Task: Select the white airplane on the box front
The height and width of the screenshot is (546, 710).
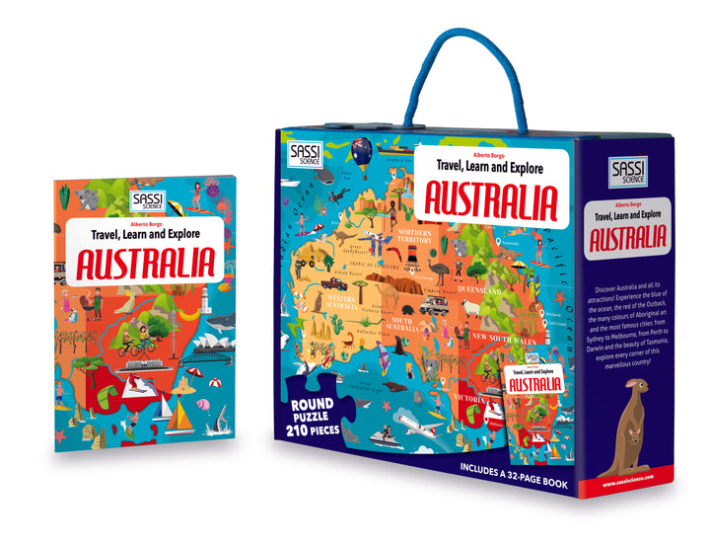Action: tap(419, 426)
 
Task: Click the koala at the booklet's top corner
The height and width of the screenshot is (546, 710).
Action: tap(90, 198)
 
